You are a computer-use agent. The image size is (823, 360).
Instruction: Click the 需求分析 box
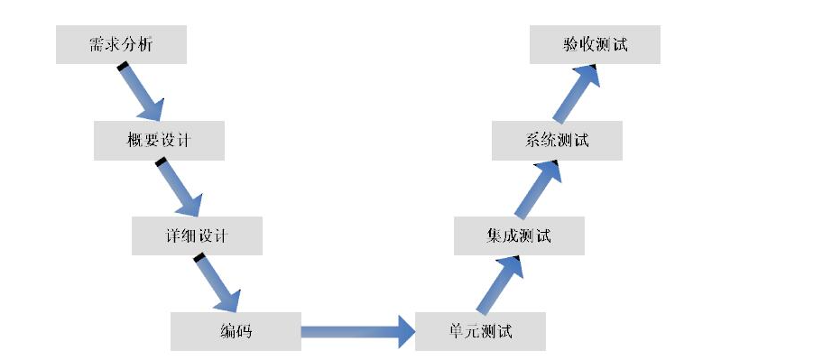point(121,45)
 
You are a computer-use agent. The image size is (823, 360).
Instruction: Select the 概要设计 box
point(159,141)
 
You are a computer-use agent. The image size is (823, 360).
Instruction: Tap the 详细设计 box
point(197,236)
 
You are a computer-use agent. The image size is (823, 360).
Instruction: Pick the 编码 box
point(235,331)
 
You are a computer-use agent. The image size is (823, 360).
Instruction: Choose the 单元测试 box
point(480,331)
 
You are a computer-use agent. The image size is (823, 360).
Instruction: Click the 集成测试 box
point(519,236)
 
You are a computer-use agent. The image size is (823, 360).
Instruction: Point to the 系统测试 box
point(557,141)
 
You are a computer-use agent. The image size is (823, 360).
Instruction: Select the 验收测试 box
point(595,45)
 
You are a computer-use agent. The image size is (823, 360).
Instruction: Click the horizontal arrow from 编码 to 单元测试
point(356,332)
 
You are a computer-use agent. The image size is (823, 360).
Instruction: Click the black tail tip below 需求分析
point(122,66)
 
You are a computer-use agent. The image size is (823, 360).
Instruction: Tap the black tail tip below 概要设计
point(161,162)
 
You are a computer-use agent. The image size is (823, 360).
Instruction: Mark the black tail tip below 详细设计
point(199,258)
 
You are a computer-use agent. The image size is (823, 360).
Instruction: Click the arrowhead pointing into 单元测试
point(403,332)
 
